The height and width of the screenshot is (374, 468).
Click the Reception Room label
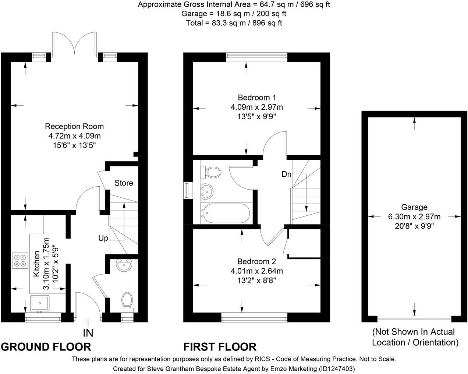click(x=74, y=126)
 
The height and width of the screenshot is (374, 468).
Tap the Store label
click(x=124, y=183)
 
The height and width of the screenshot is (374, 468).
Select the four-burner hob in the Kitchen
click(x=19, y=260)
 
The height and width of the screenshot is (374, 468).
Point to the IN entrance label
click(x=88, y=333)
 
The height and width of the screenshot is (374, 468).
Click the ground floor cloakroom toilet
click(x=127, y=300)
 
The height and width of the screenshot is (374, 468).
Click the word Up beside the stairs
click(x=103, y=238)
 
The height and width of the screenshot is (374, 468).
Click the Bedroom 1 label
click(x=257, y=98)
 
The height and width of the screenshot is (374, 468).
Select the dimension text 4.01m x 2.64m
click(x=257, y=271)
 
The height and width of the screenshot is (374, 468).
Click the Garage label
click(x=414, y=207)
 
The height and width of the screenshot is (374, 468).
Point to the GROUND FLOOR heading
click(x=46, y=347)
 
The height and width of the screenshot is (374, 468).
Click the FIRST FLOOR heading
click(x=220, y=347)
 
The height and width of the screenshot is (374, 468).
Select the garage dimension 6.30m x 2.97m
click(x=414, y=217)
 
